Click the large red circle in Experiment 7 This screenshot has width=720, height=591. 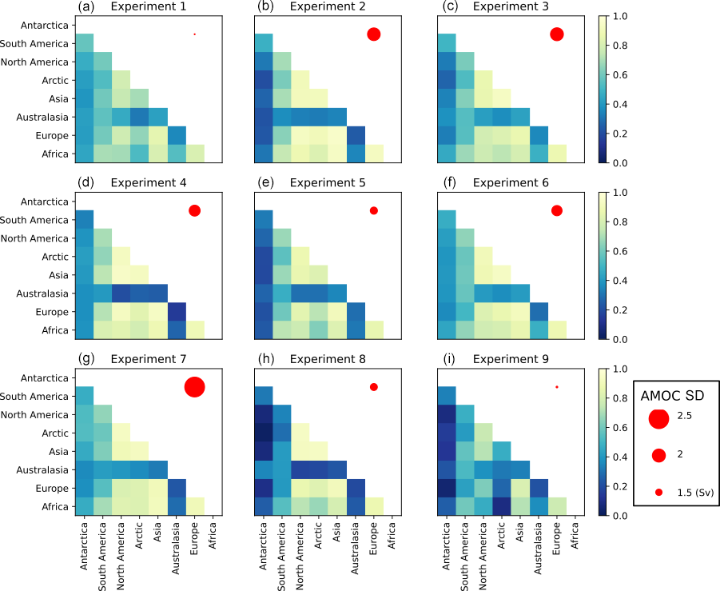[194, 387]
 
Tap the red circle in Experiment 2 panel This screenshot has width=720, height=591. [373, 34]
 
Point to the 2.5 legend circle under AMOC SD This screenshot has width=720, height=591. [658, 417]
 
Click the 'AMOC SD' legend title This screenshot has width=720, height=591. [673, 395]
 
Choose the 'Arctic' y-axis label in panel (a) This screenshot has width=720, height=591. [59, 81]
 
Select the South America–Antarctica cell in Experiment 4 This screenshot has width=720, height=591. [86, 220]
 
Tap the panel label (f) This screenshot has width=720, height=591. [448, 182]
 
